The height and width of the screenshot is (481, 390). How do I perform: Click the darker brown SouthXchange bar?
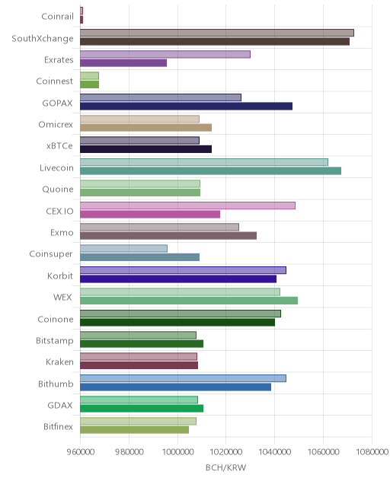[x=215, y=41]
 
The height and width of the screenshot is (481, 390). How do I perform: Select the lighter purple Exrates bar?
[x=165, y=54]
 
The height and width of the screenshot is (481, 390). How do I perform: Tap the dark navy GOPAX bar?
[x=186, y=106]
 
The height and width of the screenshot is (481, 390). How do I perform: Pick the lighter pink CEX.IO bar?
[x=187, y=205]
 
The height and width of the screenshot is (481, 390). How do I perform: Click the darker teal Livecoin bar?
[x=211, y=171]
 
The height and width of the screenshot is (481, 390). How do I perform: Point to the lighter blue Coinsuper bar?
[x=123, y=248]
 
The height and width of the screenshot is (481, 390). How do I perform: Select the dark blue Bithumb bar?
[x=176, y=387]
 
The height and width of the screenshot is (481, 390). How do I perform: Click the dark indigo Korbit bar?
[x=178, y=279]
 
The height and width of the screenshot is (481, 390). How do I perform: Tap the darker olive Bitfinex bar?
[x=135, y=430]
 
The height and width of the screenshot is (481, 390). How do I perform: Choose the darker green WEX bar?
[x=189, y=301]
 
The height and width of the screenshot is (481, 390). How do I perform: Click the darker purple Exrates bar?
[x=123, y=63]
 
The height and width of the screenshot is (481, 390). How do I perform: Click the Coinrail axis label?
[x=57, y=16]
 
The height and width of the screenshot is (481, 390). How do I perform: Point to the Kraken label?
[x=59, y=362]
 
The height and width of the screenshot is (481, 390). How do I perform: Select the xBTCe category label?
[x=59, y=145]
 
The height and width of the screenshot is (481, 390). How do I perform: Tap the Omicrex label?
[x=56, y=124]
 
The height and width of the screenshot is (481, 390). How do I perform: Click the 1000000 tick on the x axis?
[x=177, y=451]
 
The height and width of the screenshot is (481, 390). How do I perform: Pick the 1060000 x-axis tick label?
[x=323, y=451]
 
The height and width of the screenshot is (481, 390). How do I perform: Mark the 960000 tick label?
[x=81, y=451]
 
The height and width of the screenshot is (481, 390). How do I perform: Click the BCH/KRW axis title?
[x=225, y=467]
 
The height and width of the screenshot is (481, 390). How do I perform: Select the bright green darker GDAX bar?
[x=142, y=408]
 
